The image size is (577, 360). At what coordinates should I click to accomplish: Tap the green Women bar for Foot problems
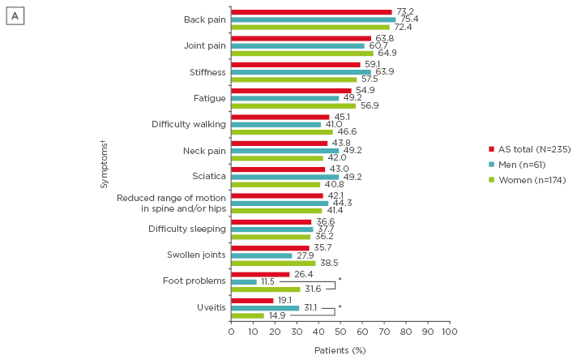[265, 289]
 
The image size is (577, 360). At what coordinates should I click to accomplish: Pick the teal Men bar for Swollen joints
[261, 255]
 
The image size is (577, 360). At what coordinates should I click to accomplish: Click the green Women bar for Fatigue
[293, 105]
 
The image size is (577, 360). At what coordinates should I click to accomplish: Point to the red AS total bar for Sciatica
[278, 169]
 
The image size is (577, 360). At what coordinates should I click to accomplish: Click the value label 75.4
[408, 19]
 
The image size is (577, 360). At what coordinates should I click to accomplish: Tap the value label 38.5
[328, 264]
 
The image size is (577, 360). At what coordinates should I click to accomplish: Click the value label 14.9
[278, 316]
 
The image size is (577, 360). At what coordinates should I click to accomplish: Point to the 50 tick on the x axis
[340, 332]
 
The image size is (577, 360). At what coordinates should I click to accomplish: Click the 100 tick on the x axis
[450, 332]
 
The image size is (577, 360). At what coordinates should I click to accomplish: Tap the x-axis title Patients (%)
[340, 350]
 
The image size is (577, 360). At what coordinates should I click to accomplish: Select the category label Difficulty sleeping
[187, 229]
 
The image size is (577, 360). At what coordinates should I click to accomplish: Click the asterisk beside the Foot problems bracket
[340, 281]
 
